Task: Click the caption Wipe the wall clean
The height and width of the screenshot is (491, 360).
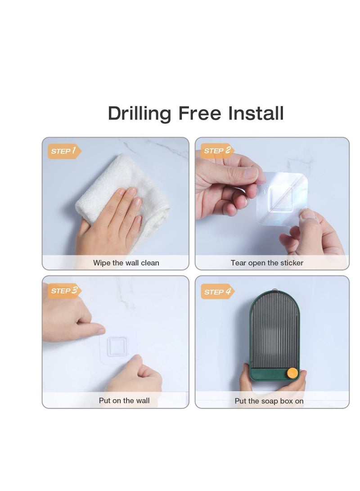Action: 126,263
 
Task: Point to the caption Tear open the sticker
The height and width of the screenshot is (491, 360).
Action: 267,263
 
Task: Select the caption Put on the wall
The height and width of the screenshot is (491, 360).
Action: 124,401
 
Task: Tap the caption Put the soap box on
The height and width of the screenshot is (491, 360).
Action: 269,401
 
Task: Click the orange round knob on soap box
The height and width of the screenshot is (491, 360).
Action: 292,373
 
